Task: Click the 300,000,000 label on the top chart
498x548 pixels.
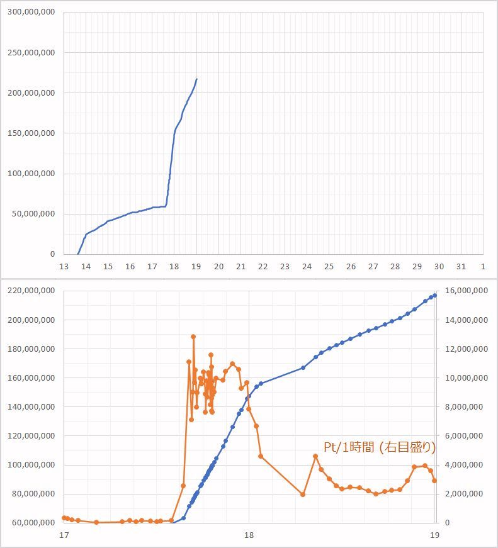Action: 31,13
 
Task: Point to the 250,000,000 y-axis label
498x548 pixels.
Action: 31,53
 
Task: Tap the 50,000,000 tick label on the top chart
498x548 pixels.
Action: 33,214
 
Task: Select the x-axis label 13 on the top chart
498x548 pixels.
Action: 64,267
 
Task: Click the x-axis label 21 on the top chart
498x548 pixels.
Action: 241,267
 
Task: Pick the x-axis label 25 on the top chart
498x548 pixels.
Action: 329,267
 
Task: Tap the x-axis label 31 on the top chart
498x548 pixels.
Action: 461,267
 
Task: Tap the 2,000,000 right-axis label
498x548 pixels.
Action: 469,494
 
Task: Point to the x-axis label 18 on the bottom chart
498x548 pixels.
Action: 249,535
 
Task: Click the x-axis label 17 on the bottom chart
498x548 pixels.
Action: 64,535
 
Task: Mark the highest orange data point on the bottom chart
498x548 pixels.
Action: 193,337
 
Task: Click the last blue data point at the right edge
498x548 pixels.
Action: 434,295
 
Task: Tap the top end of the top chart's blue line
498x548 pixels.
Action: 196,79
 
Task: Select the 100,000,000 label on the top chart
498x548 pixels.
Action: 31,174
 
